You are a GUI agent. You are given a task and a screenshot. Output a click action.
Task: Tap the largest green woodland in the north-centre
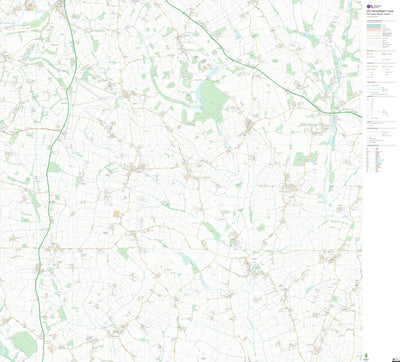click(210, 100)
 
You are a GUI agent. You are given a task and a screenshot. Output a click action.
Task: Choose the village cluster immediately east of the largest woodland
click(249, 126)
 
